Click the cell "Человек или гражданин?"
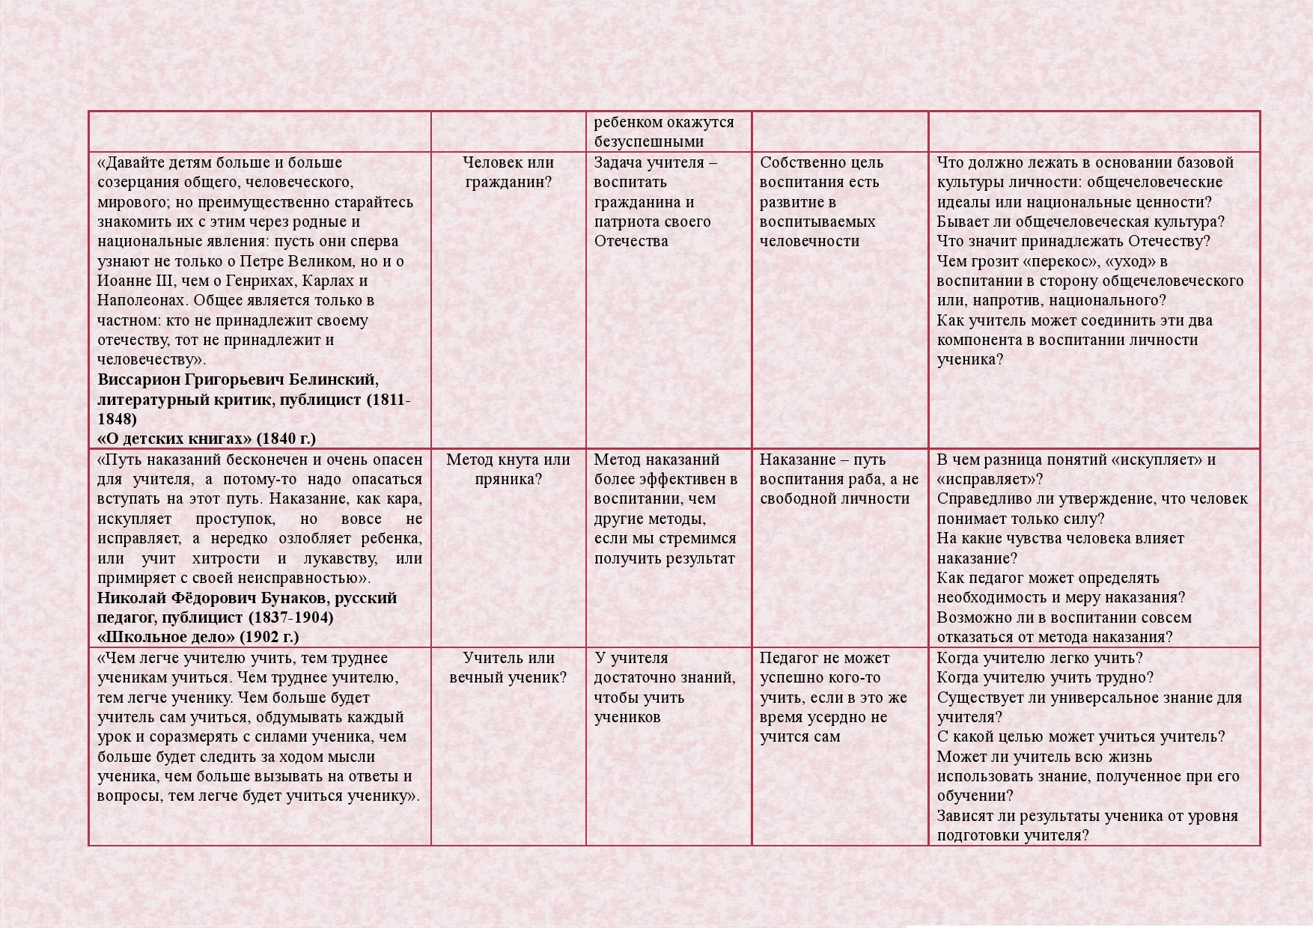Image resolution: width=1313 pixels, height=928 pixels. pyautogui.click(x=508, y=172)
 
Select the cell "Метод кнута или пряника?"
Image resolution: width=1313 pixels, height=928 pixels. pyautogui.click(x=508, y=469)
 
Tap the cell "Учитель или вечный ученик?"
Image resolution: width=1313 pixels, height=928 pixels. pyautogui.click(x=508, y=668)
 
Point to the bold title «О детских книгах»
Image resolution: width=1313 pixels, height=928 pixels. pyautogui.click(x=175, y=439)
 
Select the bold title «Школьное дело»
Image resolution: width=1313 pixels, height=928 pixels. pyautogui.click(x=166, y=637)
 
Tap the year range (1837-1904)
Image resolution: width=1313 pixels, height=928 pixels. pyautogui.click(x=291, y=617)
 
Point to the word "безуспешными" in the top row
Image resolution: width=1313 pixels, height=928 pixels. pyautogui.click(x=649, y=141)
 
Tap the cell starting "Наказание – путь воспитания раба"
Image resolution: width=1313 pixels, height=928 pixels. pyautogui.click(x=838, y=479)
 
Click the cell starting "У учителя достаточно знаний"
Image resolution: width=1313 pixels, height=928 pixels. pyautogui.click(x=664, y=687)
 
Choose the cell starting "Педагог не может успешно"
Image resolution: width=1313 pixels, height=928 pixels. pyautogui.click(x=833, y=697)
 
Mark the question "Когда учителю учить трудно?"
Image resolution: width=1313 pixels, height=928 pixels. pyautogui.click(x=1045, y=677)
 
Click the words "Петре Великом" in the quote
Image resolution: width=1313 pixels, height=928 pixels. pyautogui.click(x=304, y=261)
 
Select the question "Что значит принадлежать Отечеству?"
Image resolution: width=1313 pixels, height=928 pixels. pyautogui.click(x=1073, y=241)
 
